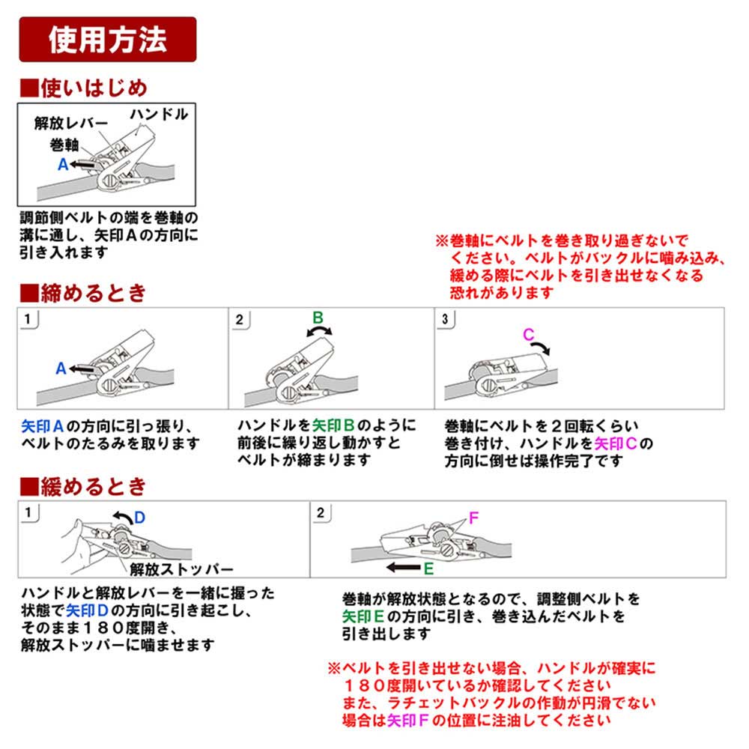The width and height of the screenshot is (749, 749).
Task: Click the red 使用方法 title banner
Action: (x=107, y=40)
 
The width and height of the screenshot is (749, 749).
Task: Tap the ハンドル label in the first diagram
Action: (x=159, y=115)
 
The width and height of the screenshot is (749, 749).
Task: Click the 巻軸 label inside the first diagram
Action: (x=64, y=144)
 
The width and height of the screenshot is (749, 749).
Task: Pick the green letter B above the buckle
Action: (x=318, y=318)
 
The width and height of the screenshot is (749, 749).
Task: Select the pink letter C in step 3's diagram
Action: (x=529, y=335)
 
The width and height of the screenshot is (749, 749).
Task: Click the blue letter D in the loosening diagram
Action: (x=139, y=517)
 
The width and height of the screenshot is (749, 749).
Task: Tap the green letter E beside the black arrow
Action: (x=428, y=568)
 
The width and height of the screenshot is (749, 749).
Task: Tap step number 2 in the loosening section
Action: (x=321, y=513)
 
